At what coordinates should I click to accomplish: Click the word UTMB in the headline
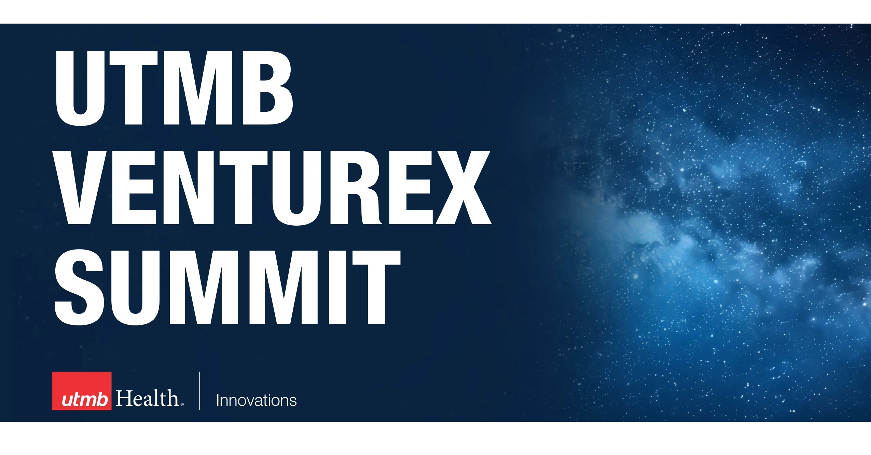(174, 88)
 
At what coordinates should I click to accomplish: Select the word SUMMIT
(227, 287)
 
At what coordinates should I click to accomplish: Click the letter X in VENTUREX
(463, 188)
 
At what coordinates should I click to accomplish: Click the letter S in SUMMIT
(79, 287)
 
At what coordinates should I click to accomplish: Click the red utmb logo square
(82, 391)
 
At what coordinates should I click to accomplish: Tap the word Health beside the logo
(147, 398)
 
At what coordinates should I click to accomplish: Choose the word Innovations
(257, 400)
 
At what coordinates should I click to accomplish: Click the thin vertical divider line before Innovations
(199, 391)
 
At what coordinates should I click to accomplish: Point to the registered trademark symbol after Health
(182, 405)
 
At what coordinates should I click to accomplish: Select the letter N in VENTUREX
(189, 188)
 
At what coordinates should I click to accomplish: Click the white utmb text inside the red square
(85, 399)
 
